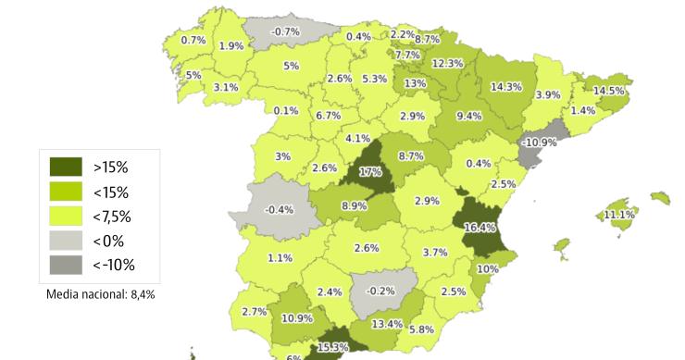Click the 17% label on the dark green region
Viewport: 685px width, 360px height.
point(370,171)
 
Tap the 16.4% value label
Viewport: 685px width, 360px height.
point(480,227)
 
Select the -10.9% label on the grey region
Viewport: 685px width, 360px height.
point(539,143)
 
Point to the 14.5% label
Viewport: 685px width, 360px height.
point(610,91)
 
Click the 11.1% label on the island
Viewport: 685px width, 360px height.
point(619,215)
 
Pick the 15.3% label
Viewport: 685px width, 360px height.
point(333,347)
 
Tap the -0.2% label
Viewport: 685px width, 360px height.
point(380,290)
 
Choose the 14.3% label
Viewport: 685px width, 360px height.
point(505,86)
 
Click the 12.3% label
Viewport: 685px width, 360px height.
point(447,63)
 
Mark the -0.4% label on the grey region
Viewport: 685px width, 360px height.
point(280,209)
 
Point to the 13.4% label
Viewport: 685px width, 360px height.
point(387,323)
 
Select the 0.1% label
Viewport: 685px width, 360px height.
point(286,111)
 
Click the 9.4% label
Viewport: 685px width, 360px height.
point(469,116)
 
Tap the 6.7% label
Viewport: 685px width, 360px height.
point(329,116)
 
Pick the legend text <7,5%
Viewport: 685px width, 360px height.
point(111,217)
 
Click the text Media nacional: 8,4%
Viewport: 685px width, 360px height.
point(101,294)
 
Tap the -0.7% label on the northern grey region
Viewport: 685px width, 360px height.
point(286,31)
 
